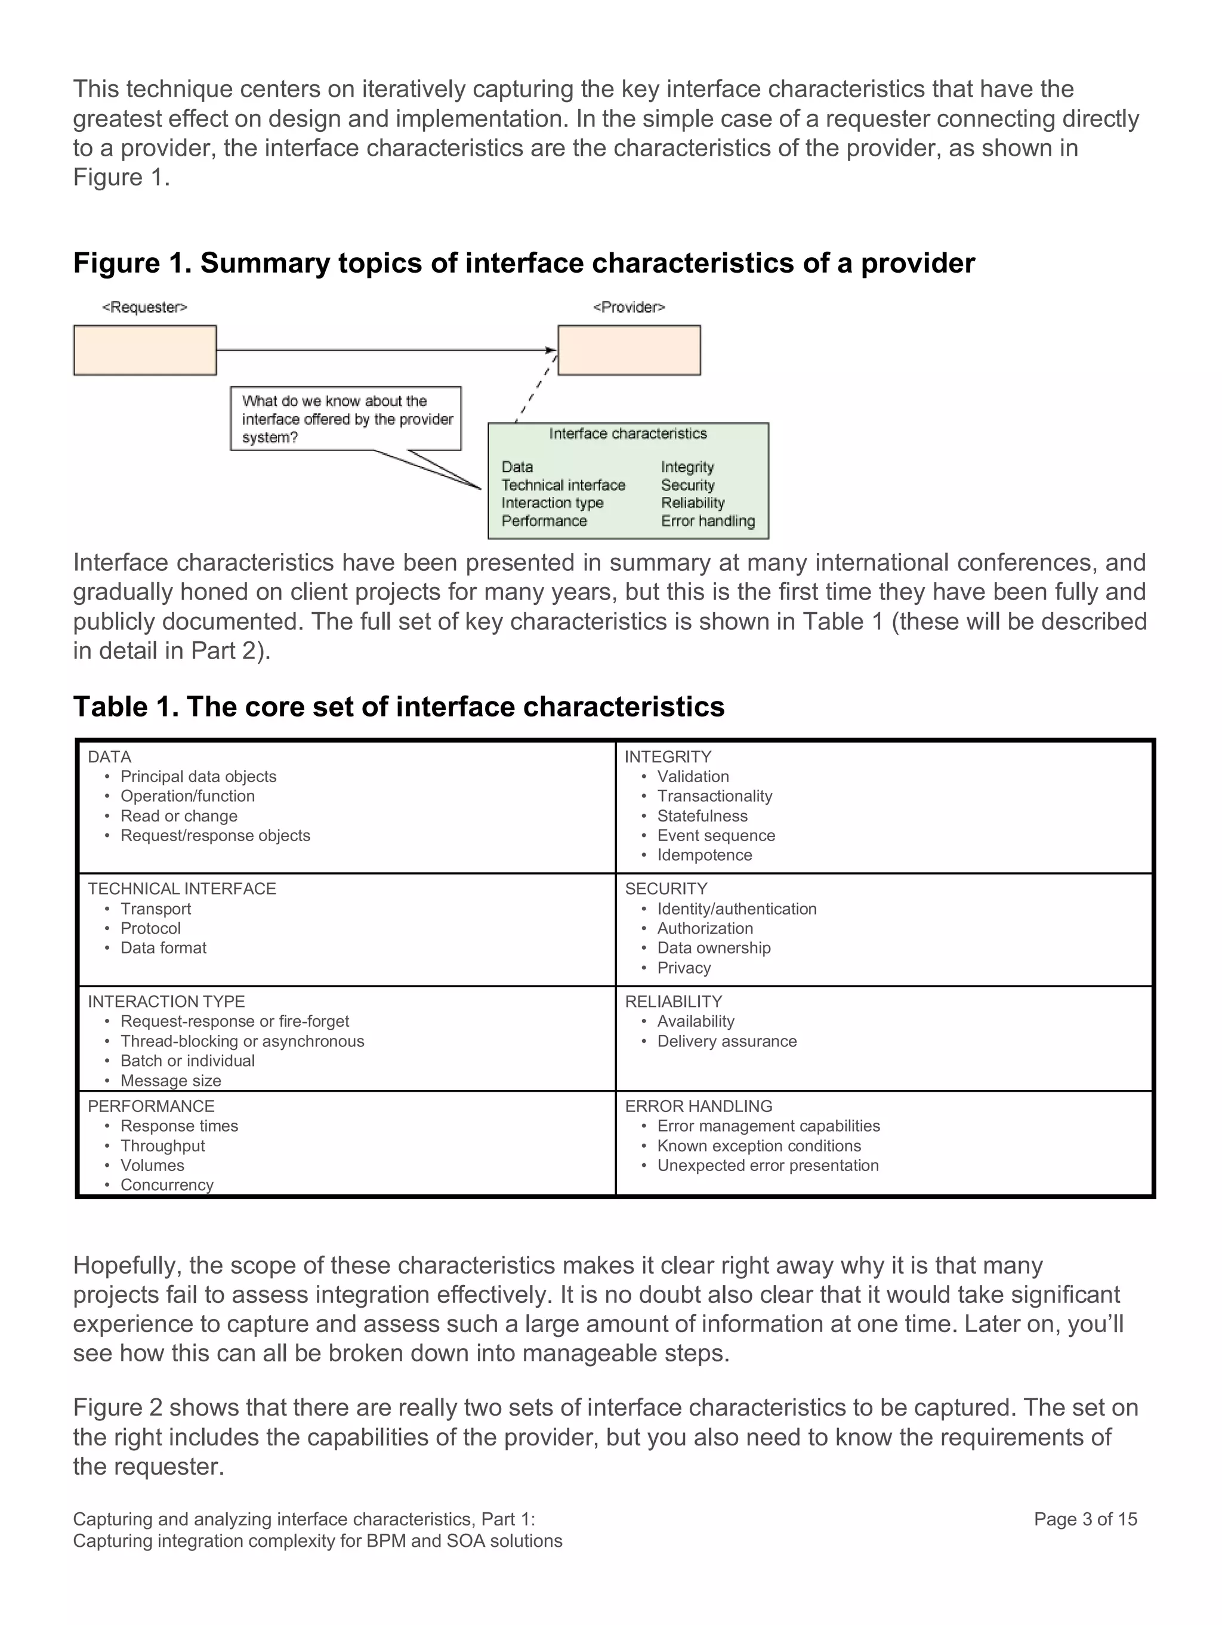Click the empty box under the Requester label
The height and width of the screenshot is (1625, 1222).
tap(145, 350)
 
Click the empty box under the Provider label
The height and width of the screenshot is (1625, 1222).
tap(629, 350)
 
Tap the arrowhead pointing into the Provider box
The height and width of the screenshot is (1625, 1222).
tap(551, 350)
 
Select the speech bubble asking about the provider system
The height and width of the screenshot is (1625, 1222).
tap(345, 419)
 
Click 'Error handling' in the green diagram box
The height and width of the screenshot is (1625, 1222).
tap(708, 521)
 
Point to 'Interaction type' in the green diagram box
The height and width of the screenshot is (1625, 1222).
tap(552, 503)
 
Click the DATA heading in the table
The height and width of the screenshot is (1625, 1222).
tap(109, 756)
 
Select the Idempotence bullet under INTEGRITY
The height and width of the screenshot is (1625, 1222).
tap(704, 855)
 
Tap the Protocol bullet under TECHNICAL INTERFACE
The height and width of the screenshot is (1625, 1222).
tap(150, 929)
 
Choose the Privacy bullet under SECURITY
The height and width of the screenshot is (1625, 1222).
tap(683, 968)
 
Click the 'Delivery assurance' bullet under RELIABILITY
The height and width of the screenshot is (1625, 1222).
tap(726, 1042)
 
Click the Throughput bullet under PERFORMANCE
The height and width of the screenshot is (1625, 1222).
tap(162, 1146)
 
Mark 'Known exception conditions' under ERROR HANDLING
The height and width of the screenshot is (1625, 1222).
tap(758, 1146)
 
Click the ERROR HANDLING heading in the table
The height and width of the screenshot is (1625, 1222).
tap(698, 1107)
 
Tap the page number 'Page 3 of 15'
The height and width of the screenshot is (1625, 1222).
tap(1085, 1519)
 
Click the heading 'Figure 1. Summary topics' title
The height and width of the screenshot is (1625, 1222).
tap(523, 263)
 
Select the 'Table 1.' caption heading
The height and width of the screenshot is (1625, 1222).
tap(398, 707)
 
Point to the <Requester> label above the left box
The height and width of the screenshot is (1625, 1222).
tap(145, 307)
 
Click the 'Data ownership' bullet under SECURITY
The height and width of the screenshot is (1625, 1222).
tap(714, 949)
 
